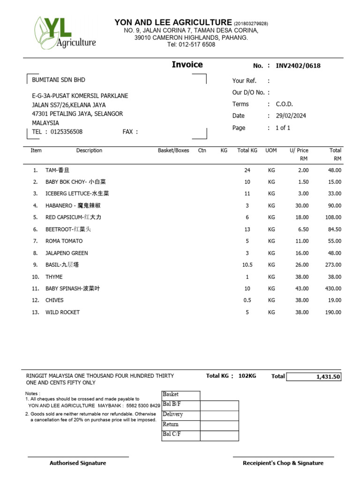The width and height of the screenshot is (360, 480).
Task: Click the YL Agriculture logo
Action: (x=65, y=32)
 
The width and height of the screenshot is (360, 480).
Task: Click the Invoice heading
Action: (x=187, y=65)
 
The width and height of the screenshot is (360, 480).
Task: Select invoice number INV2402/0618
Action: (x=298, y=66)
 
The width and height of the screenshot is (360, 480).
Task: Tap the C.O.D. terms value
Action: (x=284, y=104)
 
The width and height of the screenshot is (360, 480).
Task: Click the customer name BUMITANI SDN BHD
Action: (x=59, y=80)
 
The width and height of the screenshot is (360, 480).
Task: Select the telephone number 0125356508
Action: (x=66, y=132)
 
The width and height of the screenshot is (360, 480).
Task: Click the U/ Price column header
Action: (x=299, y=150)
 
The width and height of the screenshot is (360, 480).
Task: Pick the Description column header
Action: (x=89, y=150)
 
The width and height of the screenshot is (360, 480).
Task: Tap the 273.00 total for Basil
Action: (x=333, y=265)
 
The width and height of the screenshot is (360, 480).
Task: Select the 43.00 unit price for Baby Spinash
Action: (x=302, y=288)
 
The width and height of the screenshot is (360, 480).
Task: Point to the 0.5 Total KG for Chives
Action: (x=247, y=300)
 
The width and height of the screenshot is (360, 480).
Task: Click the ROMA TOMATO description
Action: (x=64, y=241)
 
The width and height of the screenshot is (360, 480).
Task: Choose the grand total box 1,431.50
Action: (x=314, y=376)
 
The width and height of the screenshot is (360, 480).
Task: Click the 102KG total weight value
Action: (x=247, y=376)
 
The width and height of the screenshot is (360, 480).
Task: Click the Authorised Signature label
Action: (x=78, y=463)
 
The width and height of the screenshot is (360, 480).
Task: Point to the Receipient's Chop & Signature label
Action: (x=283, y=463)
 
